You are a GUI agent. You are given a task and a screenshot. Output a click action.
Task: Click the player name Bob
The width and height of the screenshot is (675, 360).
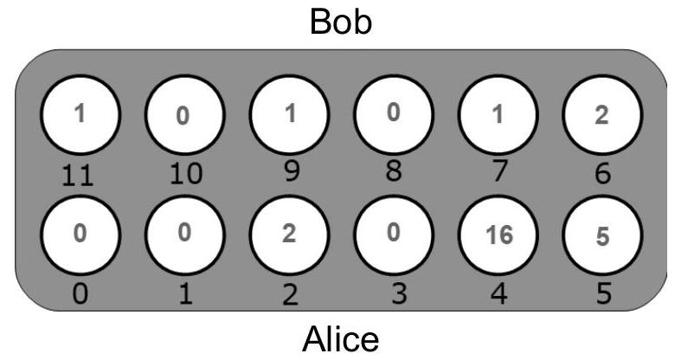point(340,22)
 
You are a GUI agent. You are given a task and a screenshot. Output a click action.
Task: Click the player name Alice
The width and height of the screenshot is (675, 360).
point(340,339)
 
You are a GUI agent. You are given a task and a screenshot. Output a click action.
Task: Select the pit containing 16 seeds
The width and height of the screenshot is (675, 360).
point(498,235)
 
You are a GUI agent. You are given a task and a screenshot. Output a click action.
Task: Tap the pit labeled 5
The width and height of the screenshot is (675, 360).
point(602,235)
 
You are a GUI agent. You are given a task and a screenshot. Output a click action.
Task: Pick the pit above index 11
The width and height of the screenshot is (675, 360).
point(80,115)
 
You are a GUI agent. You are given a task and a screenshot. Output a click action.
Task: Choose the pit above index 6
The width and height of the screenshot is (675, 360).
point(602,115)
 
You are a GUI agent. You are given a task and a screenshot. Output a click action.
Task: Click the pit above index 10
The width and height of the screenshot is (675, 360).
point(184,115)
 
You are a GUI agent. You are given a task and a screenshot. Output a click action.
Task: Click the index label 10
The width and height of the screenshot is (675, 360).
point(186,175)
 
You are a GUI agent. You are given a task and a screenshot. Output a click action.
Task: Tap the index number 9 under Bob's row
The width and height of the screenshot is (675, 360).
point(292,171)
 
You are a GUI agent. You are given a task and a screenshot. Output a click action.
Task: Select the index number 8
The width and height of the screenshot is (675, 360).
point(394,171)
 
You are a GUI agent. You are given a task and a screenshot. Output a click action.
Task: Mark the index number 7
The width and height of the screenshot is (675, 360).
point(499,171)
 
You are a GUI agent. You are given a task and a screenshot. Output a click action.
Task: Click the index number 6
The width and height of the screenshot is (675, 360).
point(602,174)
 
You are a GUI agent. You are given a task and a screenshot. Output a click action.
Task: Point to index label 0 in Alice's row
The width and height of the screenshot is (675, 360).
point(80,294)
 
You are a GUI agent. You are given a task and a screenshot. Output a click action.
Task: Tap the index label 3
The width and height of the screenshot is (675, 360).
point(399,294)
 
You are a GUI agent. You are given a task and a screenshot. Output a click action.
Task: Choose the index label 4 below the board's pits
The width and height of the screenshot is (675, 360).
point(499,294)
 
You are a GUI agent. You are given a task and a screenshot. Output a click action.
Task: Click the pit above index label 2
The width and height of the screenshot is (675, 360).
point(289,235)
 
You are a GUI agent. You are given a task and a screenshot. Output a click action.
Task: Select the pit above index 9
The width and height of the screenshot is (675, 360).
point(289,115)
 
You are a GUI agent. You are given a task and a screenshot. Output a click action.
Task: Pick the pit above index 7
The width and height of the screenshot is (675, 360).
point(498,115)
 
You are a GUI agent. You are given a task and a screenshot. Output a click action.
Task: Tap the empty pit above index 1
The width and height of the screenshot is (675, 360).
point(184,235)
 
